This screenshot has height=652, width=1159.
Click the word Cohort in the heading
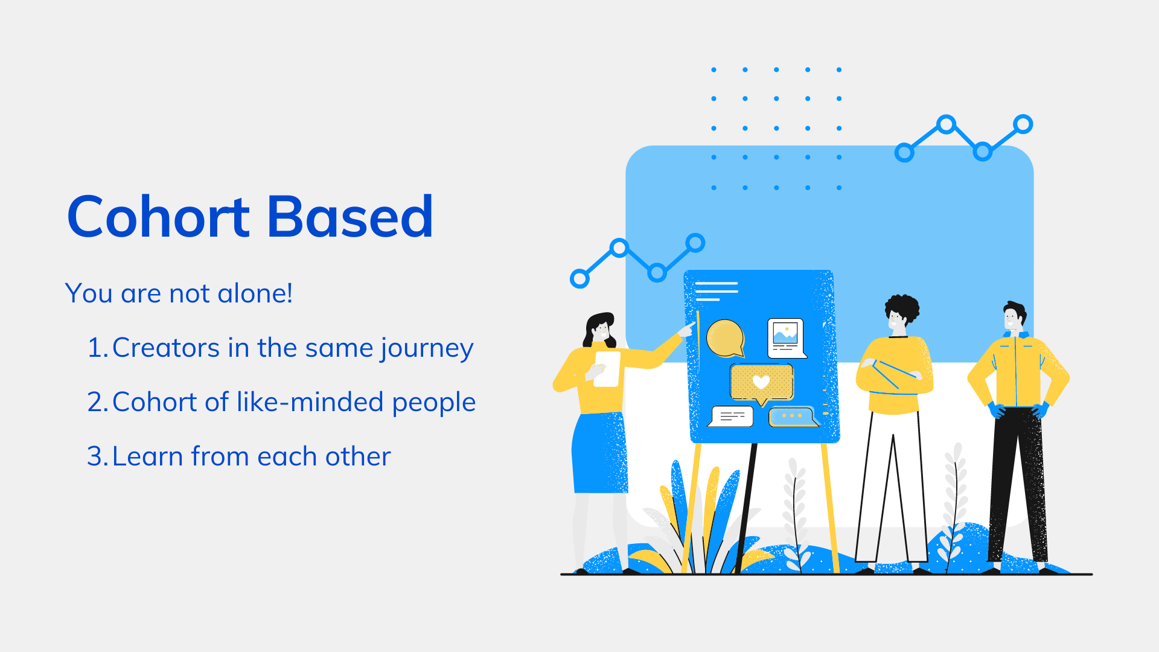(158, 217)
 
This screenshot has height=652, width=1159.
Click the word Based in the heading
(350, 217)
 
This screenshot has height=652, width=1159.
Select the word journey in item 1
(427, 348)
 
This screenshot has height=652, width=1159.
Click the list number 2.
(97, 402)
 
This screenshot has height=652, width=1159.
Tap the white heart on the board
(761, 382)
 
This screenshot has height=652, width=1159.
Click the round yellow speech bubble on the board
(724, 338)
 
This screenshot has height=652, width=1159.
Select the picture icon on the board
(785, 337)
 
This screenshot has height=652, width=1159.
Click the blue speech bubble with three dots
(792, 417)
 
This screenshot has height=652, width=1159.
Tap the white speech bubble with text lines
(732, 416)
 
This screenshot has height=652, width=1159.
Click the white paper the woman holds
(607, 368)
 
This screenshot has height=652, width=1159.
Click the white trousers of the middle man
(892, 483)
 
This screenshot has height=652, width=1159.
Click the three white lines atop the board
(716, 291)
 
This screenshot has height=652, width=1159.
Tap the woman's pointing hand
(686, 330)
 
